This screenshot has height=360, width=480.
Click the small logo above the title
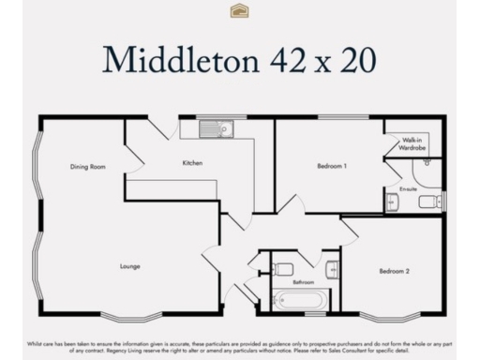239,10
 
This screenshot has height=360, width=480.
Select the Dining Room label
87,167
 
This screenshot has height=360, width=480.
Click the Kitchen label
192,163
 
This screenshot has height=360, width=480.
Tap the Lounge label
130,266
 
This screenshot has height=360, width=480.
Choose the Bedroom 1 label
332,166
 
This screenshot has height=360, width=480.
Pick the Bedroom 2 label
394,271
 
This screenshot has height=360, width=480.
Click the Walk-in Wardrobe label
412,143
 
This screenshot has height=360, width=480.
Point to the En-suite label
408,188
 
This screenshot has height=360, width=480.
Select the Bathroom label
303,281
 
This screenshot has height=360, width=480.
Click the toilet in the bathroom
283,269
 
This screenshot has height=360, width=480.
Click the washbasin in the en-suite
391,202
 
